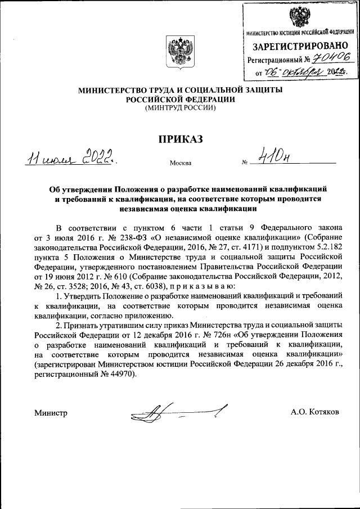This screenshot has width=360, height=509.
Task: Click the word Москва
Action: pos(179,164)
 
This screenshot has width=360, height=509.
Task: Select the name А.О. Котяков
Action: pos(314,413)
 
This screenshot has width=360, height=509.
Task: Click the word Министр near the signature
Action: pos(51,413)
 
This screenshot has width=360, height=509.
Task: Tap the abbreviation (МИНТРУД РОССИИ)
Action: pos(180,108)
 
